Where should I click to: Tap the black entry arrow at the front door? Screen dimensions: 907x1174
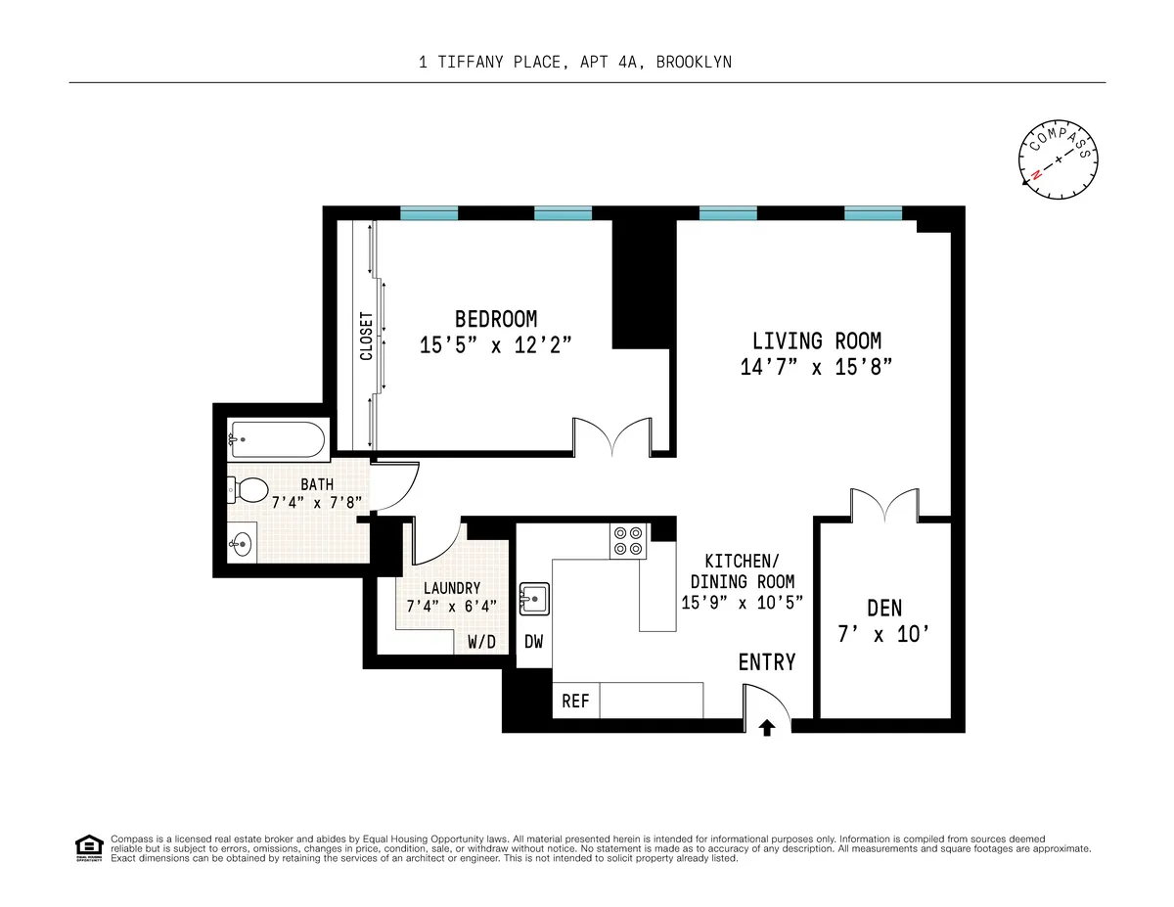[x=768, y=727]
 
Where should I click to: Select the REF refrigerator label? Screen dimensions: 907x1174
[x=576, y=702]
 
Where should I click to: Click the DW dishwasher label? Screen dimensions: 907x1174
[x=534, y=642]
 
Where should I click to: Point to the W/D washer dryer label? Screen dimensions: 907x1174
[x=481, y=643]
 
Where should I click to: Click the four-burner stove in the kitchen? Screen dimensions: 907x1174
[x=628, y=541]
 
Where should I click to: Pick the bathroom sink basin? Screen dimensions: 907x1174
[x=243, y=542]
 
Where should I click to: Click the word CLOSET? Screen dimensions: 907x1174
[x=366, y=336]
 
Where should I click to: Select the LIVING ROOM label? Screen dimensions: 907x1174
[x=816, y=341]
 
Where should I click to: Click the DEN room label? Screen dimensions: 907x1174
[x=884, y=609]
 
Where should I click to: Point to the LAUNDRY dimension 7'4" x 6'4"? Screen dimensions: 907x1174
[x=451, y=606]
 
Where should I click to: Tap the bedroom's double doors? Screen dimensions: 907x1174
[x=612, y=436]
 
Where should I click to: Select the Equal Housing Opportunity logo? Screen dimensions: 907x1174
[x=89, y=846]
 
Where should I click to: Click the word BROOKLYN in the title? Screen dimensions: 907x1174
[x=694, y=62]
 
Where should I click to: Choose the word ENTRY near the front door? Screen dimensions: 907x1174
[x=766, y=662]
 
